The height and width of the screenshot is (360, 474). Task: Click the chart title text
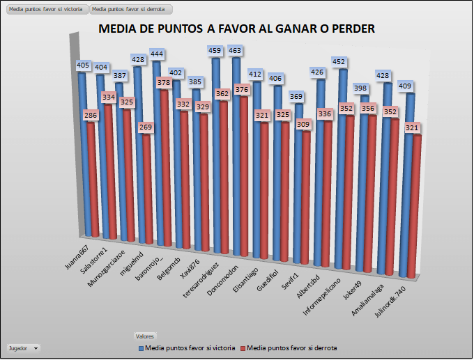(x=237, y=29)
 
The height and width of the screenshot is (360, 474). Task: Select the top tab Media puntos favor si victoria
(x=45, y=10)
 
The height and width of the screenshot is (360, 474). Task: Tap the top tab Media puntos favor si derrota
(x=130, y=10)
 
